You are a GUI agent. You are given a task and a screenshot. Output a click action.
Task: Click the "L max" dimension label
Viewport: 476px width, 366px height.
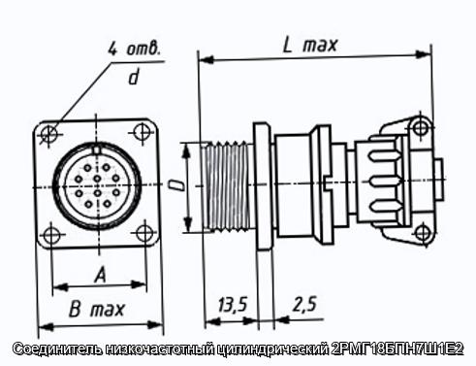(310, 46)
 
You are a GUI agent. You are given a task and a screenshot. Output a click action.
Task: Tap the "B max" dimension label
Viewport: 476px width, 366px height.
(97, 310)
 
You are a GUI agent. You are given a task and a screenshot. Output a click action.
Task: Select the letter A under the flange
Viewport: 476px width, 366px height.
(101, 275)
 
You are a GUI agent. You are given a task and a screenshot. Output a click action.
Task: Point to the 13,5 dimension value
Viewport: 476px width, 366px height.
(233, 304)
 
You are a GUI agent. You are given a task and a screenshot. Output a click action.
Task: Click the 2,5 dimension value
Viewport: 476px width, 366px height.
(304, 304)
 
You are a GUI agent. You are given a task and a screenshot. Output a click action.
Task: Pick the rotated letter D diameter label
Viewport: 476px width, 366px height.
(176, 185)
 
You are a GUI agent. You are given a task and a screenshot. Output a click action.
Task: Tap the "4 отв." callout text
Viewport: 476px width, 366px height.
(135, 49)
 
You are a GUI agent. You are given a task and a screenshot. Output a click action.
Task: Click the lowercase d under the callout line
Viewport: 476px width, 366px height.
(134, 77)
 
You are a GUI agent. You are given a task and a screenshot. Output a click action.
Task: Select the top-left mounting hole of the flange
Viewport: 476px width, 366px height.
(49, 132)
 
